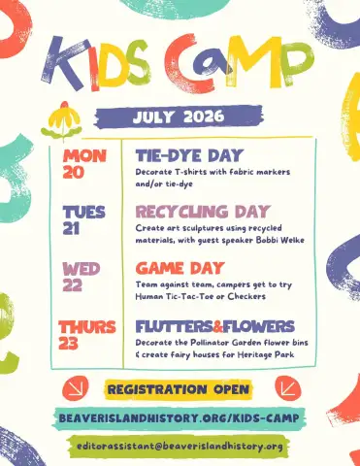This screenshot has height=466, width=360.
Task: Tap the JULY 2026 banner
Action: click(179, 116)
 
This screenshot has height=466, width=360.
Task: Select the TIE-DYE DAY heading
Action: click(189, 155)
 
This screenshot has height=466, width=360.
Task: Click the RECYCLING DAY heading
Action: click(203, 212)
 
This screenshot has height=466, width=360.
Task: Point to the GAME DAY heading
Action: click(180, 268)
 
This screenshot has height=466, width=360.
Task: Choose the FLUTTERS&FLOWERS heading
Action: click(215, 326)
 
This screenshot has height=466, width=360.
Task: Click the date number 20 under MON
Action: click(74, 172)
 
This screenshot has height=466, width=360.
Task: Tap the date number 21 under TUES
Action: click(71, 228)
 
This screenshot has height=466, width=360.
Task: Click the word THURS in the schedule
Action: click(87, 327)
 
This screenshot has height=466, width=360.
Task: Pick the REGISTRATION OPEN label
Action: click(179, 389)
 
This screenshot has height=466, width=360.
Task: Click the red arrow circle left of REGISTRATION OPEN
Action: click(76, 388)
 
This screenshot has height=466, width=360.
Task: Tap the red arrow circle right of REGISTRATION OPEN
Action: click(288, 388)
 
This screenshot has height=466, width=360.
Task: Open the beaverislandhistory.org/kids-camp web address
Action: click(179, 418)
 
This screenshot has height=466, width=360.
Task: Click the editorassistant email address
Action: click(180, 447)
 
